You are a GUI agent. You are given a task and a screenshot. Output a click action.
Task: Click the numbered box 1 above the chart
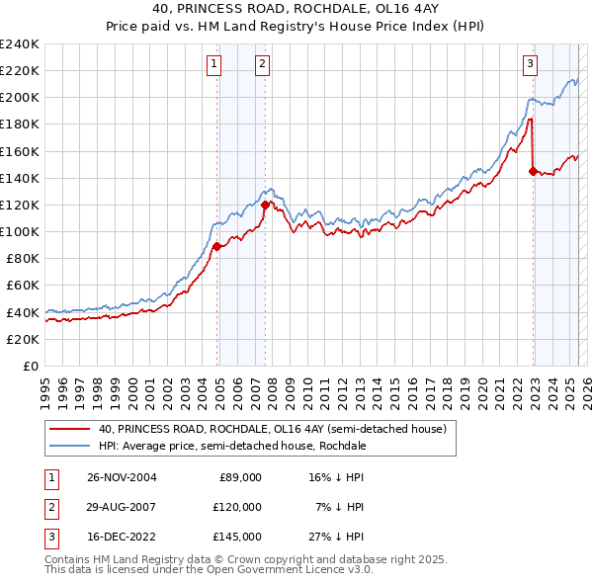(x=213, y=64)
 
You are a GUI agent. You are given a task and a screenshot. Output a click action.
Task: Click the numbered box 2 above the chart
(x=262, y=64)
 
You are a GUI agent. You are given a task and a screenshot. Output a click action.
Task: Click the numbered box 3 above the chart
(x=530, y=64)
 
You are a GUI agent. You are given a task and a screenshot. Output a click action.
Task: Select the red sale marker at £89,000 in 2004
(x=217, y=246)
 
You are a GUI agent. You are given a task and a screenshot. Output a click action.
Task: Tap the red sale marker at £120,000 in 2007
(x=265, y=205)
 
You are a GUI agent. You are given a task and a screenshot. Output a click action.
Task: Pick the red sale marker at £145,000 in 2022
(x=534, y=171)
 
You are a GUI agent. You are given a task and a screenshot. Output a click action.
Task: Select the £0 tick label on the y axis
(x=31, y=366)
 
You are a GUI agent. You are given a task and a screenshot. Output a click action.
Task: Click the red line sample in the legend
(x=68, y=429)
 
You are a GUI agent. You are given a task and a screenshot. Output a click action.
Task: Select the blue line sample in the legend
(x=68, y=446)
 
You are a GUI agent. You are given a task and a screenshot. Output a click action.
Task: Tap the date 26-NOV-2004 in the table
(x=122, y=477)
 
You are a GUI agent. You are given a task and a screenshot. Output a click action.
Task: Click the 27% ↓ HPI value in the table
(x=337, y=538)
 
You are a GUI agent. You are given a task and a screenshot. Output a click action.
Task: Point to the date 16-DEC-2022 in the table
(x=122, y=538)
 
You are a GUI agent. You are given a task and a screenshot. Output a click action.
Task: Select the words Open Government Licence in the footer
(x=280, y=570)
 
